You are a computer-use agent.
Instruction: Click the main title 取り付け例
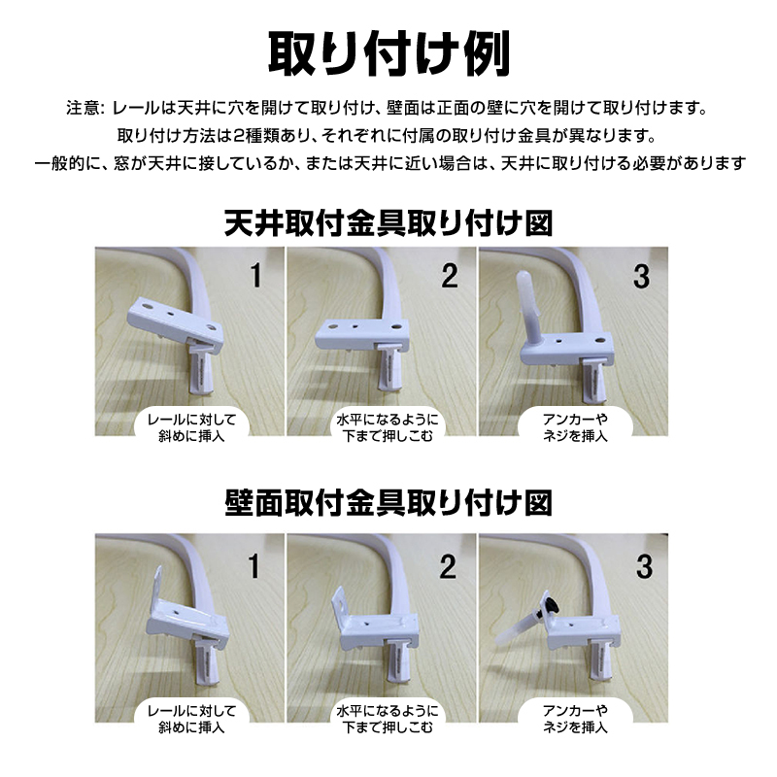click(x=388, y=53)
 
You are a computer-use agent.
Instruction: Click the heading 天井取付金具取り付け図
click(x=388, y=223)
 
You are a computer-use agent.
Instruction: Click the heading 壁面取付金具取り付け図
click(x=388, y=503)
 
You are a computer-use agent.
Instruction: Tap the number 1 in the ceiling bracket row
click(x=255, y=276)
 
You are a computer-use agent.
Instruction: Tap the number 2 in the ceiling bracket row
click(x=450, y=276)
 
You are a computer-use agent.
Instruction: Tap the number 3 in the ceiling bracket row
click(x=641, y=277)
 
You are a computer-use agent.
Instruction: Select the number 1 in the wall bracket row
click(x=254, y=566)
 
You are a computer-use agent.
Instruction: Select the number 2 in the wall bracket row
click(x=448, y=566)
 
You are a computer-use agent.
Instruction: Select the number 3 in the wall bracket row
click(x=644, y=566)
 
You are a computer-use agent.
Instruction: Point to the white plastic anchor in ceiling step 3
click(x=526, y=305)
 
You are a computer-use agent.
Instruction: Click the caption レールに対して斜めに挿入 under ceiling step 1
click(x=191, y=427)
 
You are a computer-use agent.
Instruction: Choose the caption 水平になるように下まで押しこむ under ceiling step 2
click(x=388, y=427)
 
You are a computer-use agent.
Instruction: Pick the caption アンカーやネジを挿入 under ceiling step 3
click(x=575, y=427)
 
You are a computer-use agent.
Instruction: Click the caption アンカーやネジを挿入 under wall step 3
click(x=575, y=719)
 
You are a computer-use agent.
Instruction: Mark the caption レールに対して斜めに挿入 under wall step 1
click(x=191, y=719)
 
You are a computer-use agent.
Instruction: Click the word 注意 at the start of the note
click(x=83, y=108)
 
